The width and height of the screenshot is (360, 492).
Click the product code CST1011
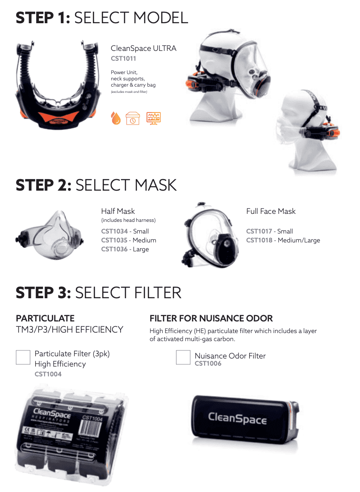coord(123,58)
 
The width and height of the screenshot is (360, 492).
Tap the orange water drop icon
coord(116,118)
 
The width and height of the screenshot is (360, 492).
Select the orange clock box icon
coord(133,118)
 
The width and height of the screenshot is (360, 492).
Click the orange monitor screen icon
coord(154,118)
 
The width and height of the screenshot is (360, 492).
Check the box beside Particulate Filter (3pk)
coord(23,357)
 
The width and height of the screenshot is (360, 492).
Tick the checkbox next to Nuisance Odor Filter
coord(183,357)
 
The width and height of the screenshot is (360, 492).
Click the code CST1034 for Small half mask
coord(114,231)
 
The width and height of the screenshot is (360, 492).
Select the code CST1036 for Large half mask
coord(114,249)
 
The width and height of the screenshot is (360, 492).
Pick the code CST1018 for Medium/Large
coord(260,240)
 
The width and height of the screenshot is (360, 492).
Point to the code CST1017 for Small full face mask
coord(260,231)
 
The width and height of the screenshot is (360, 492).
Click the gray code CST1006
coord(208,363)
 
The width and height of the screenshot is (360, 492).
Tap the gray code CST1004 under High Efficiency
coord(48,374)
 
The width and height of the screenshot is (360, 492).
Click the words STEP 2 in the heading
coord(43,185)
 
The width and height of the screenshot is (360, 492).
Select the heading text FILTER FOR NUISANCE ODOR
coord(211,318)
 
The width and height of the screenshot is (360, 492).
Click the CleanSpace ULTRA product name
coord(143,48)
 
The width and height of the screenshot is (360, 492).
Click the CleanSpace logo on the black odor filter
coord(237,419)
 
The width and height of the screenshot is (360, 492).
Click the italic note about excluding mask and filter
coord(129,92)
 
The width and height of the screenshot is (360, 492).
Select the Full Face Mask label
coord(271,211)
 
